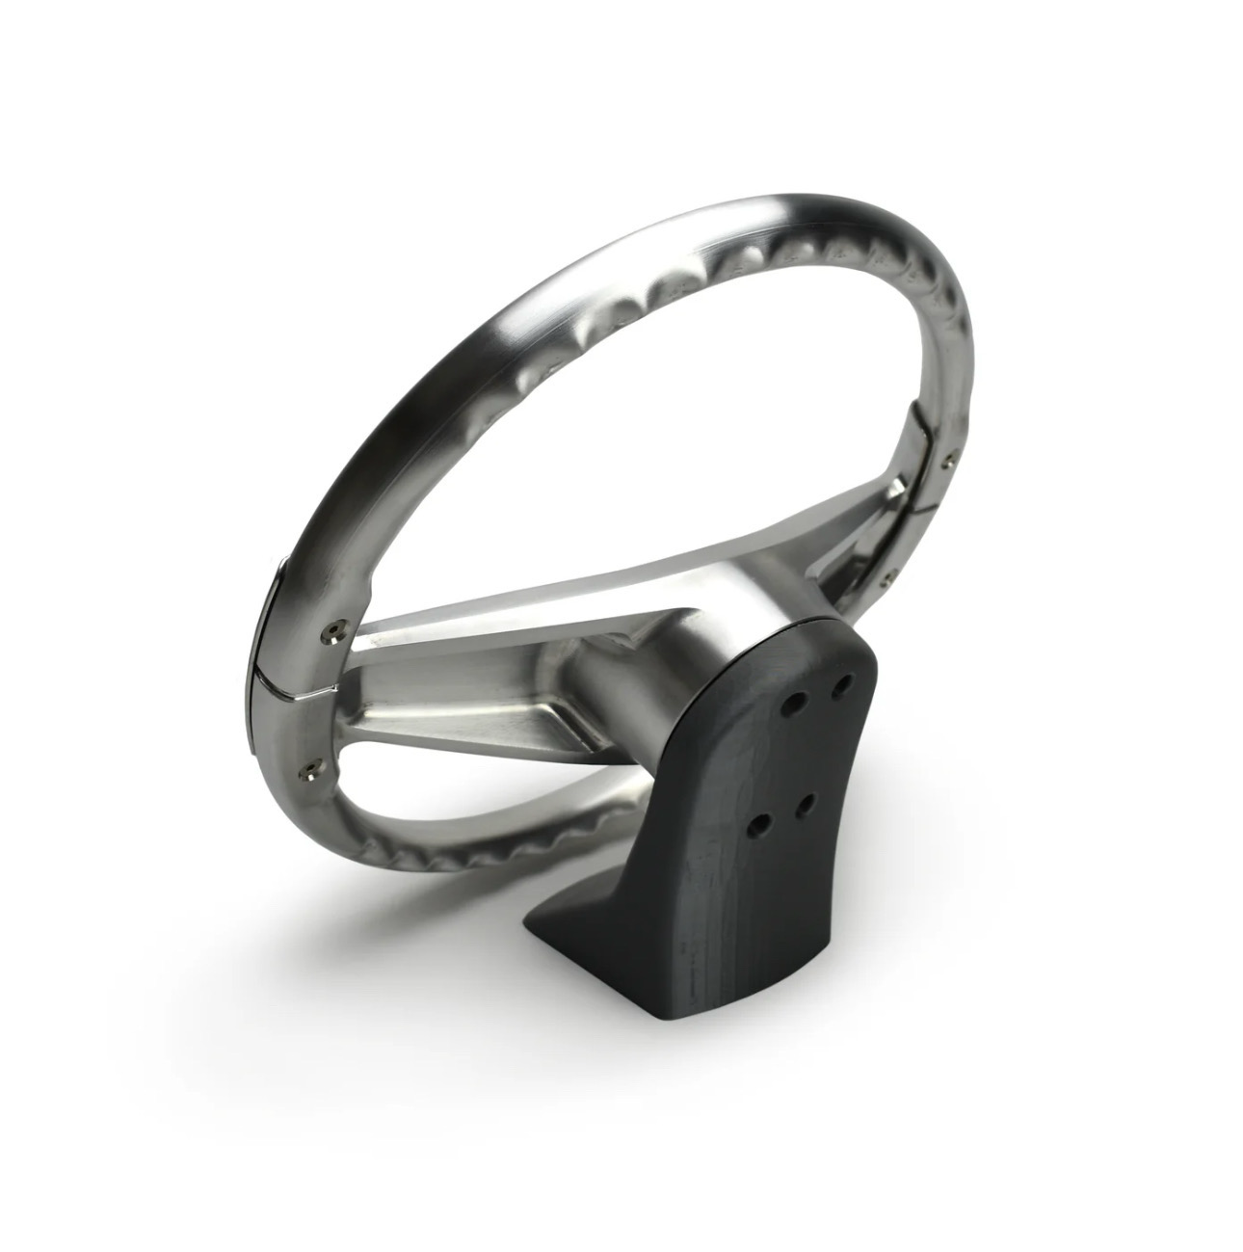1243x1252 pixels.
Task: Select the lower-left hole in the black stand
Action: [764, 824]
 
